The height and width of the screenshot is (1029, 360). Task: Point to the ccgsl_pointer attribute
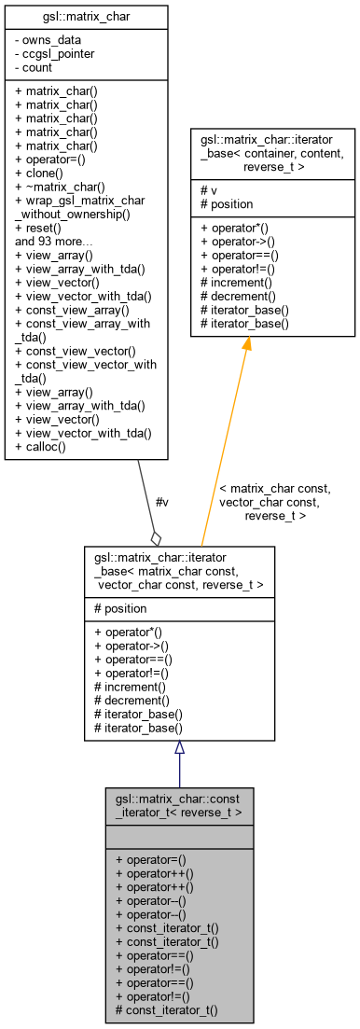point(56,53)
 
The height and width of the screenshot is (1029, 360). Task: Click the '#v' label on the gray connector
point(161,503)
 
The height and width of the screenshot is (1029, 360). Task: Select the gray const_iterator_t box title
point(179,806)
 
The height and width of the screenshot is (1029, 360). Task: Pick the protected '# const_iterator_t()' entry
point(166,1010)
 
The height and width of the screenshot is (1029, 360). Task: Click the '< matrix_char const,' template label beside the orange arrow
point(274,488)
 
